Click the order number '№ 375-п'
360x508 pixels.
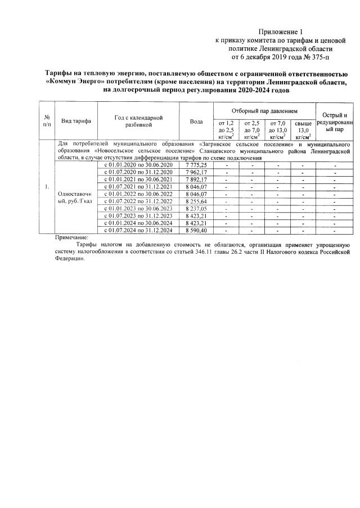318,57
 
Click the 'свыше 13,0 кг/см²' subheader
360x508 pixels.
303,129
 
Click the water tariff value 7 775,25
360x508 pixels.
196,165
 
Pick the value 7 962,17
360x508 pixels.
196,172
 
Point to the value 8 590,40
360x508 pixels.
196,231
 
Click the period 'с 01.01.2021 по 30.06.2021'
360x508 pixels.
138,179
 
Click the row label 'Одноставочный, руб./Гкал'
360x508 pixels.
76,197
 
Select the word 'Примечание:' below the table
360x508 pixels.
73,238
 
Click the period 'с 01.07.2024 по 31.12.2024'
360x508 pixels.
138,231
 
